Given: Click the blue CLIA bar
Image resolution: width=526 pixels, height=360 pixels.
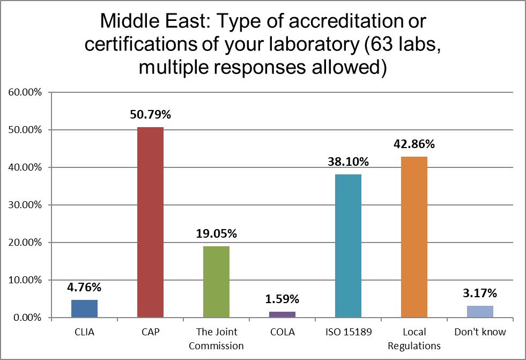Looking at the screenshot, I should coord(85,308).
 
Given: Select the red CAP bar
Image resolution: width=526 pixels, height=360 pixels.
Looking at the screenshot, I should coord(151,222).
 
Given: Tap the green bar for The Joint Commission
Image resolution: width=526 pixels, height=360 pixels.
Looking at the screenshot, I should coord(217,282).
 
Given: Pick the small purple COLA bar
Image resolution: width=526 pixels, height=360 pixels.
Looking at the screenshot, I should coord(283,314).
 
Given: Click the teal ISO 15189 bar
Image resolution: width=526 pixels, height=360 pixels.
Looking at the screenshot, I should coord(348,246).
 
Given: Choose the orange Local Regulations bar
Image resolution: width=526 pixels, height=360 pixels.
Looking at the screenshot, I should coord(414,237).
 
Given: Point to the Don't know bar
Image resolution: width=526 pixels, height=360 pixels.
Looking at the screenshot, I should coord(480,312).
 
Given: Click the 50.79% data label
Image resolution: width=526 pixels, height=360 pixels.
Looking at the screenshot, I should coord(151,115).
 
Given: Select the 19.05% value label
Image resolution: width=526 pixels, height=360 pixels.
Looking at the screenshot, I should coord(217,234).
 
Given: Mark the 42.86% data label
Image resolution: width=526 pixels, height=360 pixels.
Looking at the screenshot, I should coord(414,144).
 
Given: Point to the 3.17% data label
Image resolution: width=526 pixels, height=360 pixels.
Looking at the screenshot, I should coord(480,293).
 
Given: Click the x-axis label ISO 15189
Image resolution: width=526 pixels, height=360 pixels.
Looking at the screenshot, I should coord(348,332).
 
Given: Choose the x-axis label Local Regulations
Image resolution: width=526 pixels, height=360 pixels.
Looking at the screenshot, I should coord(414,339).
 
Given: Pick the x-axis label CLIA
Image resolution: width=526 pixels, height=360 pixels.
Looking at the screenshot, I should coord(85,332).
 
